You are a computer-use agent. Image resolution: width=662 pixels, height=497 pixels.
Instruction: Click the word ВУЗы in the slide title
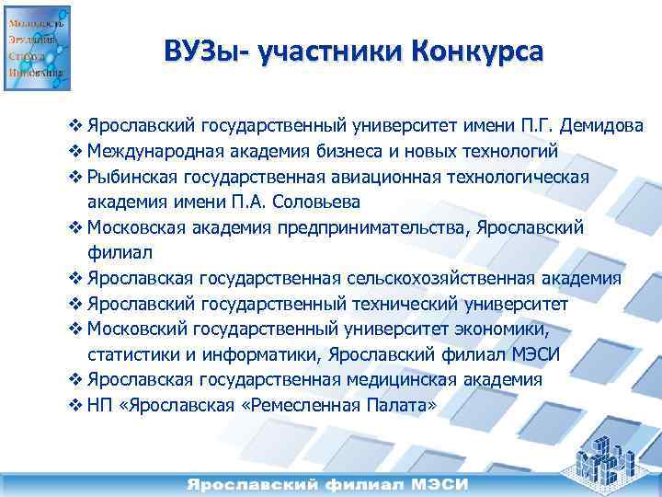205,50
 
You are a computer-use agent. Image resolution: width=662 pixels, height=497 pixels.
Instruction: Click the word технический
433,304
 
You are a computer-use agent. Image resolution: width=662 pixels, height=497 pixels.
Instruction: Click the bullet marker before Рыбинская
76,177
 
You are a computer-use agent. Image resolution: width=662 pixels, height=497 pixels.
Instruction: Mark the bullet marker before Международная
76,151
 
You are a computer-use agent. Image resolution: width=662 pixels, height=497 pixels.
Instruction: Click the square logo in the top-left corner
37,48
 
